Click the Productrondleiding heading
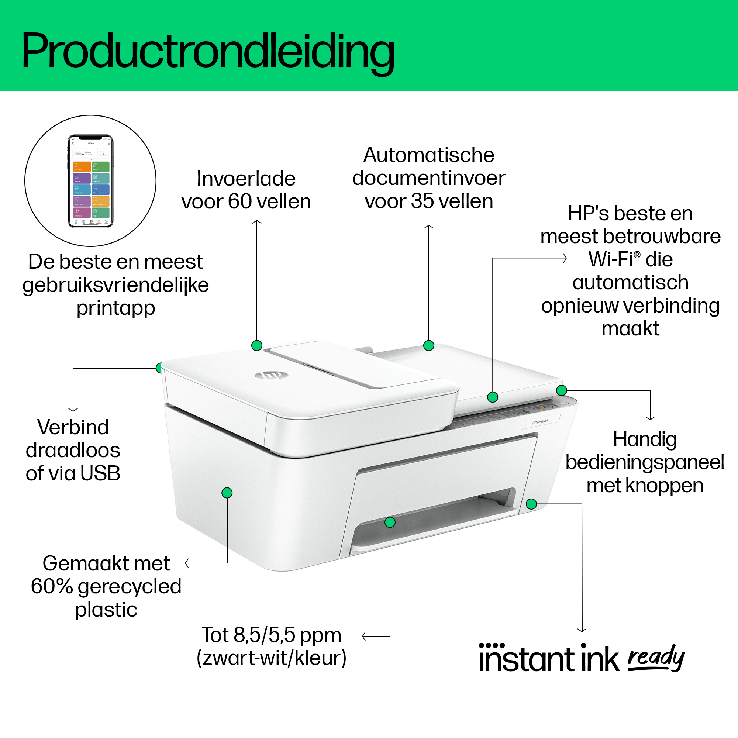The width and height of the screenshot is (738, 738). tap(208, 51)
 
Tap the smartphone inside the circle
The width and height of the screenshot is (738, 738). tap(90, 181)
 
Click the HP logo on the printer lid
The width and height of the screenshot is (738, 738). tap(271, 376)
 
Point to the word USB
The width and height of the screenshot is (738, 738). tap(100, 473)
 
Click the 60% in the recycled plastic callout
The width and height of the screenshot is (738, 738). tap(52, 586)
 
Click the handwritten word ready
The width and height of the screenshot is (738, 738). tap(656, 658)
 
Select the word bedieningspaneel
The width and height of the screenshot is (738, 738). tap(645, 462)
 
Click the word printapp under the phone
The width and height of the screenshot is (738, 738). tap(116, 308)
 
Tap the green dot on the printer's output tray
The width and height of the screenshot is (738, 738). tap(390, 522)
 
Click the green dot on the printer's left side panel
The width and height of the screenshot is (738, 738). tap(227, 493)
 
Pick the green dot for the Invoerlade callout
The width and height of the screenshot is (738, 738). tap(257, 346)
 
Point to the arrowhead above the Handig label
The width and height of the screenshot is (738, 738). tap(650, 418)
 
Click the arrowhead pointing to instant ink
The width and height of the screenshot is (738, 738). tap(582, 630)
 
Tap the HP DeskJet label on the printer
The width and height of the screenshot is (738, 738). tap(540, 422)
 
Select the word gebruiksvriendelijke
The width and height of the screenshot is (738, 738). tap(116, 285)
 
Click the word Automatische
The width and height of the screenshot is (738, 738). tap(428, 155)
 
